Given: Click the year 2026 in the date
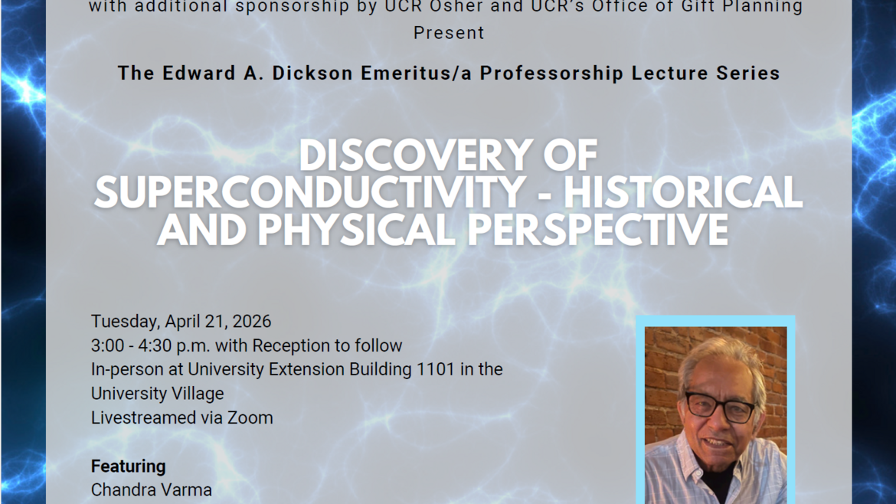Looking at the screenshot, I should (x=250, y=321).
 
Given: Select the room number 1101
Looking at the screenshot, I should (x=435, y=369).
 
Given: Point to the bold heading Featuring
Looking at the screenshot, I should (x=128, y=466).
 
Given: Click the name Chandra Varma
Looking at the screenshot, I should (x=152, y=489).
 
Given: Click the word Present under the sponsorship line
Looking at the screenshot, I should (x=449, y=33).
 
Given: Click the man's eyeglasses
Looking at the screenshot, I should (x=719, y=406).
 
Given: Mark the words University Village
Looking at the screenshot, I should (x=157, y=394).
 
